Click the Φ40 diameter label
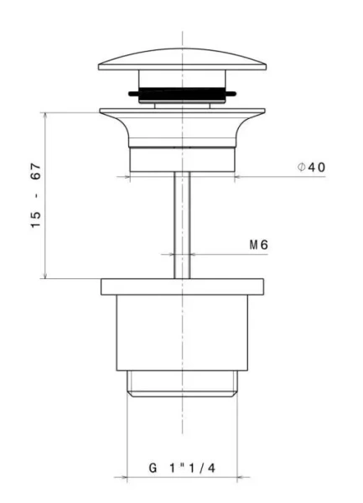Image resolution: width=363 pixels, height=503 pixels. (x=311, y=167)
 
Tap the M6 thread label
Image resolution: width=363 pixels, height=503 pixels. (x=259, y=245)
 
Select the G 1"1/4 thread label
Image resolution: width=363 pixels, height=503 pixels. (x=182, y=468)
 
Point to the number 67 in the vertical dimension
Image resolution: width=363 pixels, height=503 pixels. (x=36, y=171)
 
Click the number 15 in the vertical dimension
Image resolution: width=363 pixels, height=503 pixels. (x=36, y=220)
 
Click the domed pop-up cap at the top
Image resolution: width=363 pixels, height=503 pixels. (x=182, y=60)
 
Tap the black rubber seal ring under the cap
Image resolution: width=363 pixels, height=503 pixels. (x=182, y=93)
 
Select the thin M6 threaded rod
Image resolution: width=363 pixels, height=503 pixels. (x=182, y=226)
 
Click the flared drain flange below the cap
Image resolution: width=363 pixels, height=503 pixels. (x=182, y=127)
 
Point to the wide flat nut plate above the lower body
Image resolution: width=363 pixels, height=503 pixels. (x=182, y=287)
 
